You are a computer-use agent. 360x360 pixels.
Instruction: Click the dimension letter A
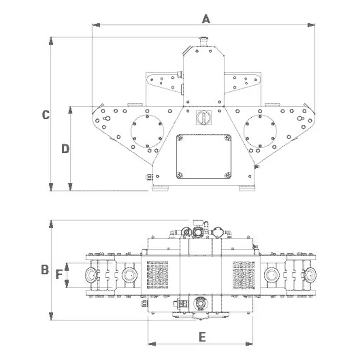point(206,19)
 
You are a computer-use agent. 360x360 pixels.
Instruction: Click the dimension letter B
point(45,270)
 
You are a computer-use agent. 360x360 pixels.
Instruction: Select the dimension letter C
point(46,115)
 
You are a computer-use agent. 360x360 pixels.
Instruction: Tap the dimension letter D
point(65,149)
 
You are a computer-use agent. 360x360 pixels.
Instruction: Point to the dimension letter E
point(202,337)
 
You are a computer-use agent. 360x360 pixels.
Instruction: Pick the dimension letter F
point(59,274)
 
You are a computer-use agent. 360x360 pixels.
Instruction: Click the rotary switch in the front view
point(204,117)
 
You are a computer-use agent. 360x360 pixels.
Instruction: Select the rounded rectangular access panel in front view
point(204,157)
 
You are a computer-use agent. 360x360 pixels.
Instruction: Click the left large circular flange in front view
point(147,131)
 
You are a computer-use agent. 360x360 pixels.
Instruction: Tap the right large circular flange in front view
point(260,131)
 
